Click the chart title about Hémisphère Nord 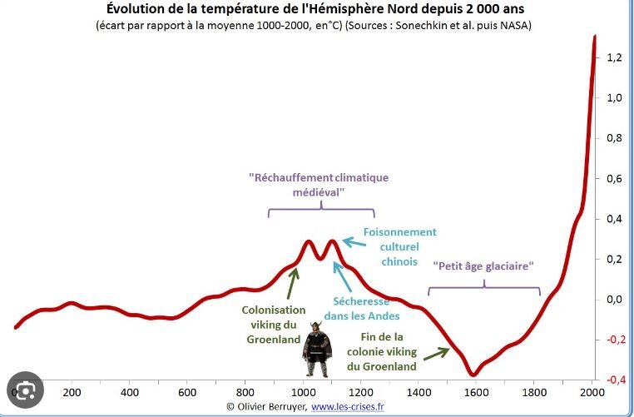click(316, 9)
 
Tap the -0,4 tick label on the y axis click(616, 380)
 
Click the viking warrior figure click(316, 350)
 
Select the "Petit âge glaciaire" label click(483, 266)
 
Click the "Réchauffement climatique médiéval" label click(319, 185)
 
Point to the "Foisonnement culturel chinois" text click(399, 246)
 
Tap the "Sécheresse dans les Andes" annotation click(367, 308)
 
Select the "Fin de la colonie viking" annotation click(382, 351)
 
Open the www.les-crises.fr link click(349, 406)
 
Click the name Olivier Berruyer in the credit click(272, 406)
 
